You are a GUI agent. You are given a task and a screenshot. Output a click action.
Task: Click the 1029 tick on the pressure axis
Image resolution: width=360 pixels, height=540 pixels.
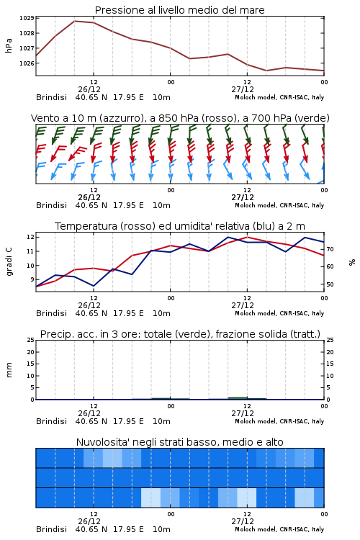27,18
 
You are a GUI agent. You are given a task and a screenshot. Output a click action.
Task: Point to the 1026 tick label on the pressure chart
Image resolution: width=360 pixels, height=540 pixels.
27,63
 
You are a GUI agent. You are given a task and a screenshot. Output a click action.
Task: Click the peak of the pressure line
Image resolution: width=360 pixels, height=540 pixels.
74,21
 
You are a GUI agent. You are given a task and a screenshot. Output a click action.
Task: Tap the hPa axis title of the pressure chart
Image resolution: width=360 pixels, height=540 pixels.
9,45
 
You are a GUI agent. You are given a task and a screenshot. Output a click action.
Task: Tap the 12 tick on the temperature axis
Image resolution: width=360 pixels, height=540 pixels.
30,237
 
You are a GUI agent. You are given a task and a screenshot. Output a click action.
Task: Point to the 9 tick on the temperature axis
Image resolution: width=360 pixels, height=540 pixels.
32,280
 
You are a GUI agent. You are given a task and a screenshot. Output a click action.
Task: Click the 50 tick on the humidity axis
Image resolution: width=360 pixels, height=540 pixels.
330,284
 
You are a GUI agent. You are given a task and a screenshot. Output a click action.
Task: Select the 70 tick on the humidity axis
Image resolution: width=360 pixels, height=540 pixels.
330,249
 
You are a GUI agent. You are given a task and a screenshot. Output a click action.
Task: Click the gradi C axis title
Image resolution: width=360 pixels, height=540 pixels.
9,262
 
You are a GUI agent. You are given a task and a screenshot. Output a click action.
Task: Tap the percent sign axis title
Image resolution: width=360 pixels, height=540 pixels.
352,262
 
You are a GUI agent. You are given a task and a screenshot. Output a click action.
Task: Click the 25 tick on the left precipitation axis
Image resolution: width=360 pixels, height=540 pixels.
30,340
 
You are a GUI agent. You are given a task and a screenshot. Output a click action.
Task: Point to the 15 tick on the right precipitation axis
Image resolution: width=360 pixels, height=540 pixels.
330,364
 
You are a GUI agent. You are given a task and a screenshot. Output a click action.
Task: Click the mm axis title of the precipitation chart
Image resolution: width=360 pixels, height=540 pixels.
9,370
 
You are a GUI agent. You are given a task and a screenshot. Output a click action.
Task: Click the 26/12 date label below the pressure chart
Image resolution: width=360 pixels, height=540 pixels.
89,89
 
